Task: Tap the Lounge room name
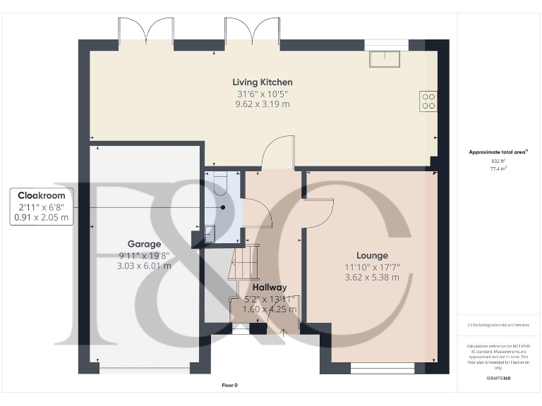tap(372, 255)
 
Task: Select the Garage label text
tap(144, 244)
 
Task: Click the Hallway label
tap(270, 287)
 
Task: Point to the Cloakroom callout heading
tap(42, 195)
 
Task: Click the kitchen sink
tap(384, 58)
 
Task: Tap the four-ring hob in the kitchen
tap(428, 101)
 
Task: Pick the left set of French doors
tap(145, 32)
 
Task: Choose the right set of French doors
tap(252, 32)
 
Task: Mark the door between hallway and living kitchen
tap(277, 153)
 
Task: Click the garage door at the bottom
tap(145, 368)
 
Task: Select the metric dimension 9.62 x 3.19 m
tap(263, 104)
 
